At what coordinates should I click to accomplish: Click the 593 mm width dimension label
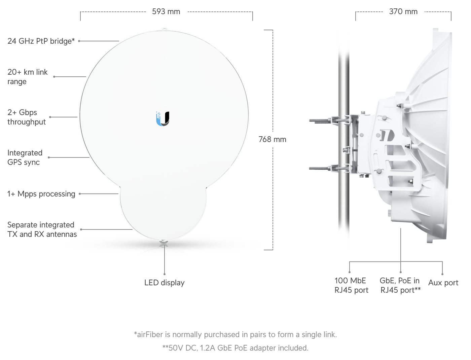pos(166,11)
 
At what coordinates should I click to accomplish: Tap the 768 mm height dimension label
pos(272,139)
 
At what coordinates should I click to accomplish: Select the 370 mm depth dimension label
pos(403,11)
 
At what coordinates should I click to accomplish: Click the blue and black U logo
pos(162,119)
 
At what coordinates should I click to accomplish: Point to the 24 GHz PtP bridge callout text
pos(41,41)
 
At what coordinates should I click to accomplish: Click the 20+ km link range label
pos(28,77)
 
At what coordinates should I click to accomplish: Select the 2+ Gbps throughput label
pos(27,117)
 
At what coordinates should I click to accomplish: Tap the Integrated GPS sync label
pos(25,157)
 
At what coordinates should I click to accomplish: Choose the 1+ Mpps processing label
pos(41,194)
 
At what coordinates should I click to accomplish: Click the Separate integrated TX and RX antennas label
pos(42,229)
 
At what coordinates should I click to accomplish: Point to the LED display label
pos(165,283)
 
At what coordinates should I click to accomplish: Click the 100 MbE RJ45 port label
pos(351,285)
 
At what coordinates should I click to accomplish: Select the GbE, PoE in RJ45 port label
pos(400,285)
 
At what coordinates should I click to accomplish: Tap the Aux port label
pos(443,283)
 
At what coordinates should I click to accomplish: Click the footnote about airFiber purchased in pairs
pos(235,334)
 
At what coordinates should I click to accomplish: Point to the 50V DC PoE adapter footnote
pos(235,348)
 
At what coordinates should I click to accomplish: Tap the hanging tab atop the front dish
pos(165,29)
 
